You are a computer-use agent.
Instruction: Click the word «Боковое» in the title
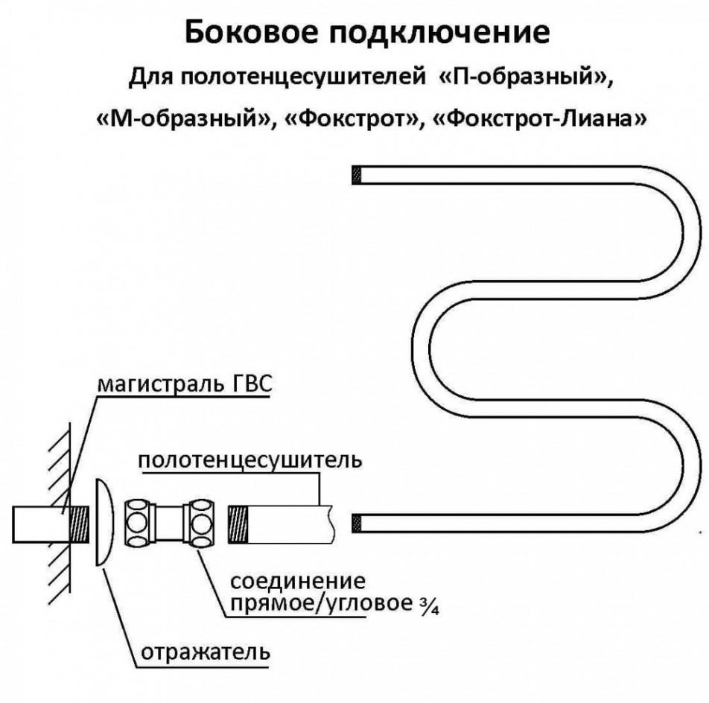click(252, 32)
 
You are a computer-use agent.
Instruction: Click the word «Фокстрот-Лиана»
click(539, 118)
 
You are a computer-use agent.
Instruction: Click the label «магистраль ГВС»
click(185, 384)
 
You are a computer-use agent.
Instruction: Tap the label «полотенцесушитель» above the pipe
click(250, 460)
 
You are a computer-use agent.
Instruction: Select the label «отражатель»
click(206, 652)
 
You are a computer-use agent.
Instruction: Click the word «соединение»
click(298, 580)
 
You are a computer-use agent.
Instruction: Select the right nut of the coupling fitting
click(201, 523)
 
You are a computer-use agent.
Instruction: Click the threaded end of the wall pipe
click(80, 524)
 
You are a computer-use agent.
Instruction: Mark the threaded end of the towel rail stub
click(238, 524)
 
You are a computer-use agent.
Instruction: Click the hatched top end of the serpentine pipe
click(357, 175)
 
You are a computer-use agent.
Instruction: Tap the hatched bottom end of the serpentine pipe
click(357, 523)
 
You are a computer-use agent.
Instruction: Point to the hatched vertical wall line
click(70, 506)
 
